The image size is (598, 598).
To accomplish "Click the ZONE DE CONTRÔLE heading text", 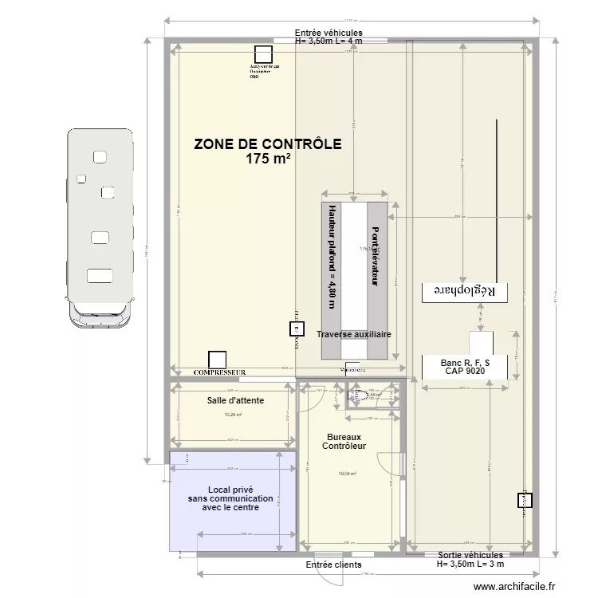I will tap(268, 144).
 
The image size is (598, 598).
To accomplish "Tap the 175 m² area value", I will tap(268, 159).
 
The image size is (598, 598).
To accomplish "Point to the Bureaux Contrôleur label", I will tap(344, 442).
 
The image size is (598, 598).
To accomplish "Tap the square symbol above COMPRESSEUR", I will tap(216, 360).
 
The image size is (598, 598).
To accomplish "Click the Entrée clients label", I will tap(328, 565).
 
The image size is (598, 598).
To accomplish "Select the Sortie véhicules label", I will tap(470, 554).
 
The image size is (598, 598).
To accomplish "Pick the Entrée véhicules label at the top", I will tap(328, 32).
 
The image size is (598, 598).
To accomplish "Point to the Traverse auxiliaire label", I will tap(354, 335).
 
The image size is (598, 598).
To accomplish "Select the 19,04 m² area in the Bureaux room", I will tap(347, 474).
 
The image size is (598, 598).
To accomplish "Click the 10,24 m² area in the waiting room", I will tap(233, 415).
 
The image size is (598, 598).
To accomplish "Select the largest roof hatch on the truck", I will tap(100, 276).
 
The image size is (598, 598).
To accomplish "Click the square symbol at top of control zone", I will tap(262, 54).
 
